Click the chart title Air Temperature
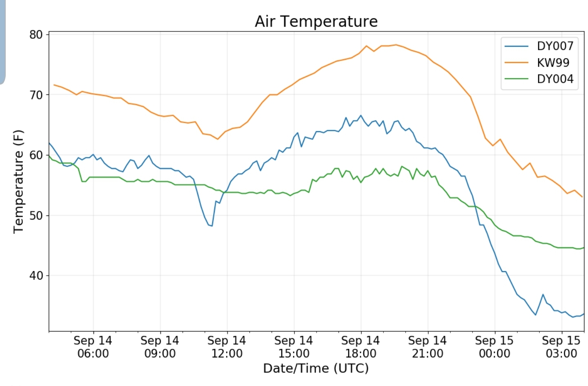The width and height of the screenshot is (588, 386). [316, 21]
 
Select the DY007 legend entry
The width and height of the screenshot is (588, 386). [539, 46]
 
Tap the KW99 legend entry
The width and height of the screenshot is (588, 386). [537, 63]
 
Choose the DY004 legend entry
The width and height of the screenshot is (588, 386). [539, 79]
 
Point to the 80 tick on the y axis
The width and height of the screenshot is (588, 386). [36, 34]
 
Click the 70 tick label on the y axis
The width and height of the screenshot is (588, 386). [36, 95]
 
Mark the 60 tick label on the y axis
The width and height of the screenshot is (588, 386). [36, 155]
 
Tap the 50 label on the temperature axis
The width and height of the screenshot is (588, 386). [36, 215]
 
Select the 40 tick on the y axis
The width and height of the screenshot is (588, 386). [36, 276]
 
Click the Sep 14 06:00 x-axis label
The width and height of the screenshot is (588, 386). [93, 347]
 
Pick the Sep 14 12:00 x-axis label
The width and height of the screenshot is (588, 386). [227, 347]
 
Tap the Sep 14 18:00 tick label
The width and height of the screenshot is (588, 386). [361, 347]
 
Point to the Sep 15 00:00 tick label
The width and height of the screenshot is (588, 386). [494, 347]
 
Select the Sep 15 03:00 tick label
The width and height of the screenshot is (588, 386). [561, 347]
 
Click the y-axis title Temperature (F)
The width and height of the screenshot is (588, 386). [18, 182]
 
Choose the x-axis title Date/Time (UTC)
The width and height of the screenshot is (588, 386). [316, 368]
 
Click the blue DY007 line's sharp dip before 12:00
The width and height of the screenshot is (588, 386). [212, 226]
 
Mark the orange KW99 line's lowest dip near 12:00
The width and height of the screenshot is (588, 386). [218, 139]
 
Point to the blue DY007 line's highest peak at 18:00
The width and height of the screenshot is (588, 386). [361, 115]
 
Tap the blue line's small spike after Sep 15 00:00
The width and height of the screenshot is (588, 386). [543, 294]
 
